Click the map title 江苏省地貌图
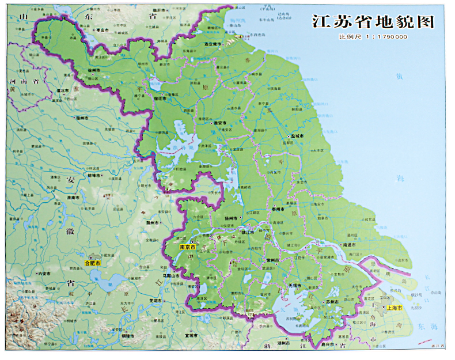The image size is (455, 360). (371, 22)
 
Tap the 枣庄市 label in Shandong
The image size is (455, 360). (103, 29)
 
